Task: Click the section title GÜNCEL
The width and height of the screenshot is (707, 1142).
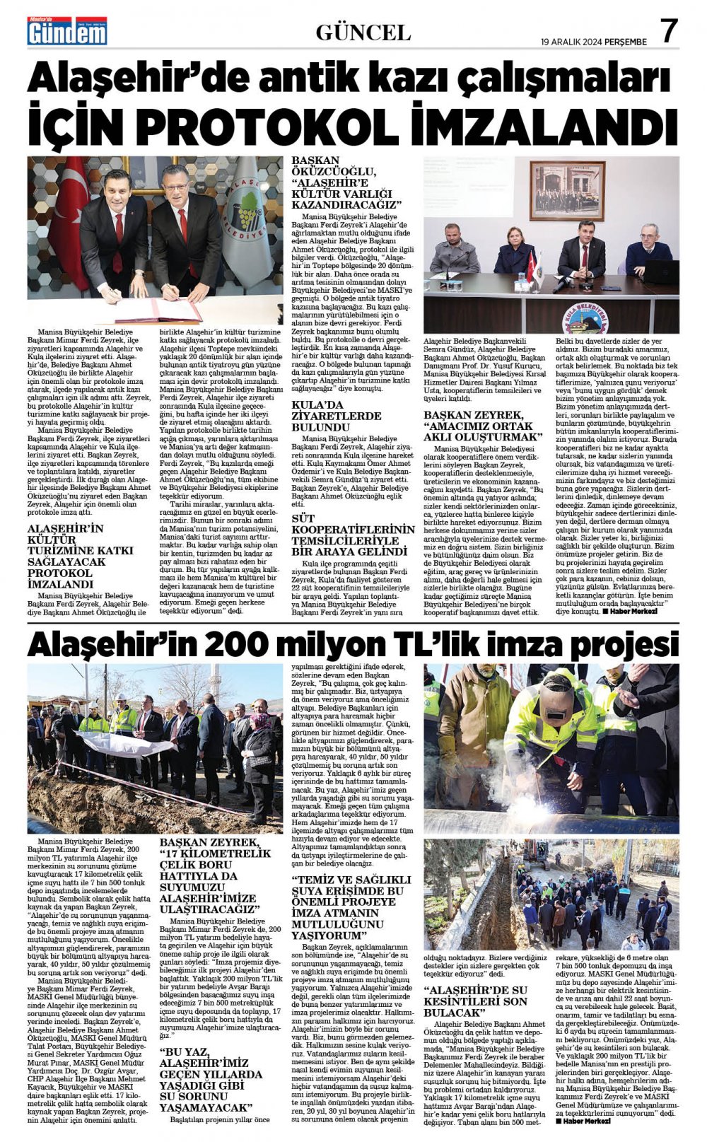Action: pos(363,33)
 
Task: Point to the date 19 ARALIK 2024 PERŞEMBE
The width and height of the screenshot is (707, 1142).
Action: pos(594,42)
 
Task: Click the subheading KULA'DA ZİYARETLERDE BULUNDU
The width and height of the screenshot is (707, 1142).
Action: pos(336,416)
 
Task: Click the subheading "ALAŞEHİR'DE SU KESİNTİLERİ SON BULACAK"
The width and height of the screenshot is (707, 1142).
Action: pos(476,1001)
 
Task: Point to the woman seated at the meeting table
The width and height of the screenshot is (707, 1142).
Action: pos(514,252)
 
